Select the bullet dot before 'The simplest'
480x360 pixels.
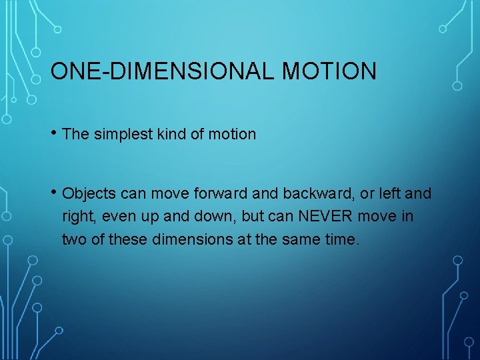55,133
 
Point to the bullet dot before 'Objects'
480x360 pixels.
55,193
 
